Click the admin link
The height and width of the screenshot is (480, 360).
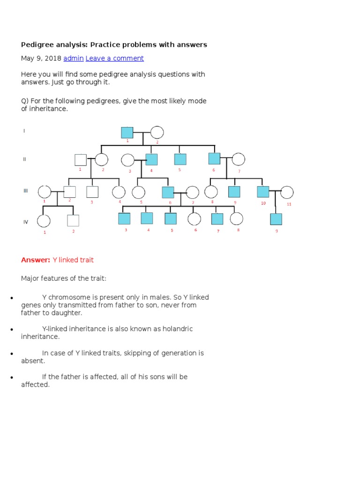point(74,58)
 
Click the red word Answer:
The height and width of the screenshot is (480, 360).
point(36,260)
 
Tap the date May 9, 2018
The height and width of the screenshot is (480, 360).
point(41,58)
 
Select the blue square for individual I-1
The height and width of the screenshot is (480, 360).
point(127,133)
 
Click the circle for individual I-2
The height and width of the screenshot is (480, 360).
point(157,133)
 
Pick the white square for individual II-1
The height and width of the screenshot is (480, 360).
point(80,160)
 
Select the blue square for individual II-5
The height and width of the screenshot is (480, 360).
point(180,159)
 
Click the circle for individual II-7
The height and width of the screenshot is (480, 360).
point(238,159)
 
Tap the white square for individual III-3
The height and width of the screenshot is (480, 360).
point(92,192)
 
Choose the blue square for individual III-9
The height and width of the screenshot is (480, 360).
point(234,192)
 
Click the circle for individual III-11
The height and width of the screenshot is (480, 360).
point(286,192)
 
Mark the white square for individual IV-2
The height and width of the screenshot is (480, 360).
point(73,220)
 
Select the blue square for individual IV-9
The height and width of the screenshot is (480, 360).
point(276,219)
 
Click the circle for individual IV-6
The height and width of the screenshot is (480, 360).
point(194,219)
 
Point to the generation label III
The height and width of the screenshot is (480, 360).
point(26,191)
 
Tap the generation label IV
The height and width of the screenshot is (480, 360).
point(26,222)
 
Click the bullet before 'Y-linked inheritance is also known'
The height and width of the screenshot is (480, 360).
point(10,330)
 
